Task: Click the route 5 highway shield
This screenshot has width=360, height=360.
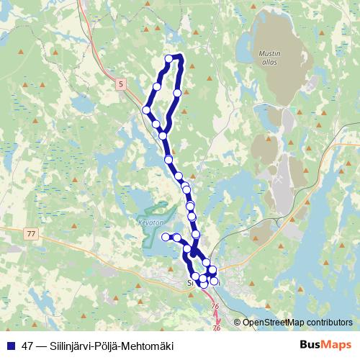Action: tap(120, 84)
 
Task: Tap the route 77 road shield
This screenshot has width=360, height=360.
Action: tap(30, 234)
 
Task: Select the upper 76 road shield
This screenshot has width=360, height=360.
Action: tap(215, 307)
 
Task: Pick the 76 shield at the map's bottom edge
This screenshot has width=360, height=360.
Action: tap(217, 328)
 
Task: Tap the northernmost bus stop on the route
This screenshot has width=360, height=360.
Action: tap(169, 58)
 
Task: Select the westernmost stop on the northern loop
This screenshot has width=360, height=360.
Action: tap(146, 110)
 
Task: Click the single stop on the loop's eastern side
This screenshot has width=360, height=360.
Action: tap(177, 93)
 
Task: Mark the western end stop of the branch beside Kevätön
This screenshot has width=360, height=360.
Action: tap(166, 237)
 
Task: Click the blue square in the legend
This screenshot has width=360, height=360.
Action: tap(10, 346)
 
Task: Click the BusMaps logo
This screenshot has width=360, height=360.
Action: tap(325, 346)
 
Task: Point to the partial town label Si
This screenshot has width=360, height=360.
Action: tap(190, 284)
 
